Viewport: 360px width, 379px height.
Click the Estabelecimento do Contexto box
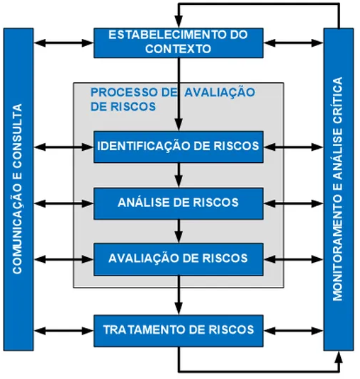pos(178,43)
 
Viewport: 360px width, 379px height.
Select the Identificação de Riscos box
pos(178,147)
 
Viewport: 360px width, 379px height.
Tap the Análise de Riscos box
pos(178,203)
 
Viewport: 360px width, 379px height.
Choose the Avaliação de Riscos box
pos(178,258)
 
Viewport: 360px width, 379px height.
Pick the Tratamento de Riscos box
pos(178,330)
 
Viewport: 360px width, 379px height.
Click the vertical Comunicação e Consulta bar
pos(18,190)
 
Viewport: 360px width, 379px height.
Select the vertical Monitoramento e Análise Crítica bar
pos(338,190)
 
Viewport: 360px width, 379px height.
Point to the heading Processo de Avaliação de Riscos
pos(170,99)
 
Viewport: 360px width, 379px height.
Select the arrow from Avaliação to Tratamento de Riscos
pos(179,294)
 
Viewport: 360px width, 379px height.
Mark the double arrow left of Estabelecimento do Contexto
pos(64,43)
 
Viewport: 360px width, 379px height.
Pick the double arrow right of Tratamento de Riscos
pos(293,330)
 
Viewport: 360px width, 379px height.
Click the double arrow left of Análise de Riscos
pos(64,203)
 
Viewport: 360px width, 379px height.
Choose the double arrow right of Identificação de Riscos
pos(293,147)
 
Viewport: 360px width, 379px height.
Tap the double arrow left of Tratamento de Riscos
pos(64,330)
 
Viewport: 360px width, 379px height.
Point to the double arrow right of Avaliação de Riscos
pos(293,258)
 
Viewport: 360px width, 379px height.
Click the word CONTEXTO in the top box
pos(178,50)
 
